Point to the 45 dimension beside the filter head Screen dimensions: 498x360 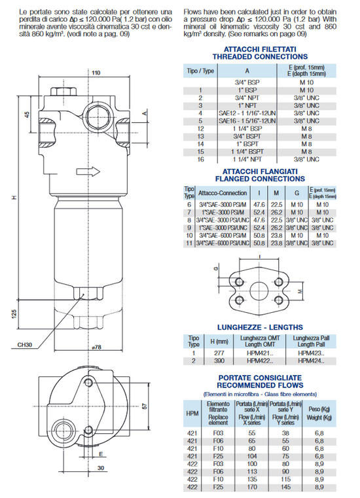click(27, 115)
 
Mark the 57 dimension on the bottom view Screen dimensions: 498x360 click(145, 406)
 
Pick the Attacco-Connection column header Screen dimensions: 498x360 click(224, 193)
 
